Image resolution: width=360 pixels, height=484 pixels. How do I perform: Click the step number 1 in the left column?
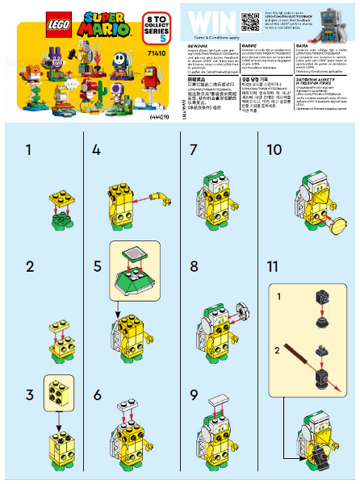30,150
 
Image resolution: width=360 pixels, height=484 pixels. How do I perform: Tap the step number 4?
97,150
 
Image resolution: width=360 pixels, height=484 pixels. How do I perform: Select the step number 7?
193,150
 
